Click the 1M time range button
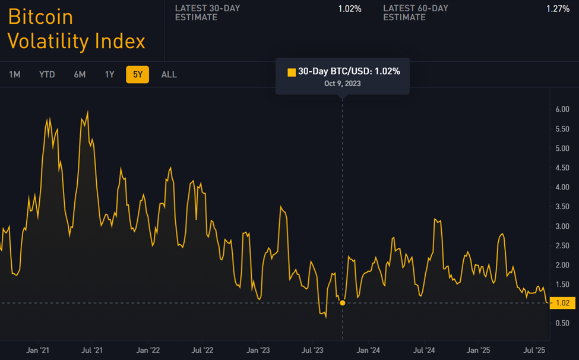coord(15,74)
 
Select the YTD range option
coord(47,74)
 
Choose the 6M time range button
coord(80,74)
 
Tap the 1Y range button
coord(109,74)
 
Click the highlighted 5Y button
coord(137,74)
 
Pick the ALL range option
coord(169,74)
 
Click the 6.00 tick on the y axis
coord(562,109)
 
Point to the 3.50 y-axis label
coord(562,207)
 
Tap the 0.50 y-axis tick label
coord(562,323)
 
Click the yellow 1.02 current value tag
coord(563,303)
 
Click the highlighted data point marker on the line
coord(343,303)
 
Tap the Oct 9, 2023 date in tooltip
coord(343,84)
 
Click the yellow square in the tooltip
coord(292,72)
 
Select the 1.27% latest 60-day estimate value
coord(558,9)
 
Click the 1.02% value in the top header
coord(350,9)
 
